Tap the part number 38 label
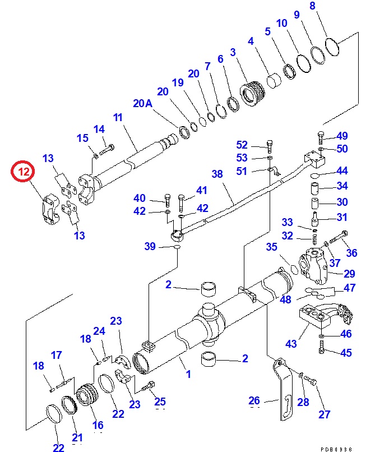tap(217, 174)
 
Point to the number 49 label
tap(341, 136)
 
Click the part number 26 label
tap(254, 400)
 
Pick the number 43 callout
tap(291, 343)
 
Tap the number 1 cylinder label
tap(188, 373)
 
